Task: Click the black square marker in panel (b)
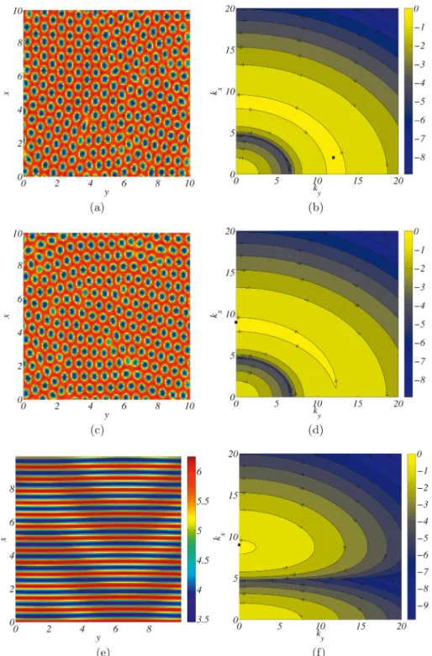[x=333, y=158]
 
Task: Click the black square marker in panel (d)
[x=236, y=323]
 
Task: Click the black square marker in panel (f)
[x=239, y=545]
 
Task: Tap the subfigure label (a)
[x=97, y=207]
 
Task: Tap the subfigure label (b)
[x=316, y=207]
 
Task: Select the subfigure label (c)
[x=97, y=430]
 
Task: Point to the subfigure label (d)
[x=316, y=430]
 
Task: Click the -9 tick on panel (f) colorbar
[x=423, y=606]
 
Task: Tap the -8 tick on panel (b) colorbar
[x=419, y=157]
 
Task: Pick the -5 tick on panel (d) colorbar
[x=419, y=325]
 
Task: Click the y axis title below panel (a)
[x=107, y=192]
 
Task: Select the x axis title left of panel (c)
[x=7, y=316]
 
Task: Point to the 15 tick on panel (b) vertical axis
[x=229, y=50]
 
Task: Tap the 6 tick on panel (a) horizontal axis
[x=124, y=183]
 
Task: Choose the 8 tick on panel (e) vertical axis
[x=10, y=489]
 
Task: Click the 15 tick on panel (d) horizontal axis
[x=357, y=403]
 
